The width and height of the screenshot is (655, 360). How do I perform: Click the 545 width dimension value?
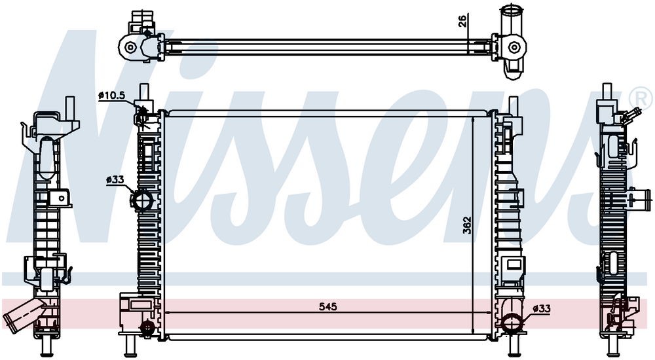coord(328,307)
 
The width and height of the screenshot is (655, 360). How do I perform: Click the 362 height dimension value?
coord(467,225)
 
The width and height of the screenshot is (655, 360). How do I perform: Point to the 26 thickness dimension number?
coord(462,21)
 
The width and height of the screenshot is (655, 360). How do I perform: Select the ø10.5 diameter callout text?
coord(112,95)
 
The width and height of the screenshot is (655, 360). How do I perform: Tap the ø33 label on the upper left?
coord(115,180)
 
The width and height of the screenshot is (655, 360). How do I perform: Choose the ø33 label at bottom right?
coord(542,309)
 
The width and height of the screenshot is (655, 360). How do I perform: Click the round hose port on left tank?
coord(141,200)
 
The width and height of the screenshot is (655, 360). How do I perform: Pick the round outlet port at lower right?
coord(512,323)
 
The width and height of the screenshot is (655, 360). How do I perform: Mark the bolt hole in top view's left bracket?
coord(131,47)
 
